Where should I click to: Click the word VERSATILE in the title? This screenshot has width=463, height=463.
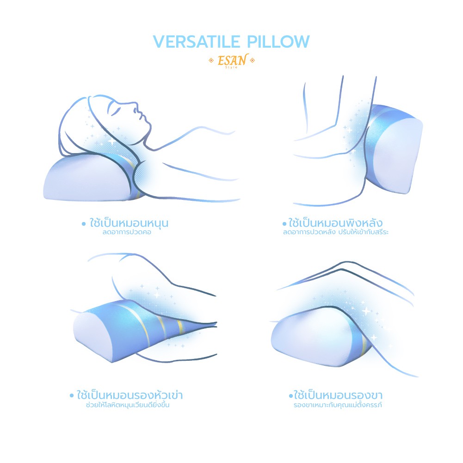click(x=197, y=41)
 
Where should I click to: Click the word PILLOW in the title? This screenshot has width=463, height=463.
click(x=278, y=41)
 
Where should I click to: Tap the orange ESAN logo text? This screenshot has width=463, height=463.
click(x=232, y=61)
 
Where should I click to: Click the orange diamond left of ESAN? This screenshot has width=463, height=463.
click(x=211, y=61)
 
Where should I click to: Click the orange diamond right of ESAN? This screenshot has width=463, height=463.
click(x=252, y=61)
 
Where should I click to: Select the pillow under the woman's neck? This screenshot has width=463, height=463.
click(x=92, y=177)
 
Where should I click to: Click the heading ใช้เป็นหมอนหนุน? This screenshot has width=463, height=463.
click(x=129, y=222)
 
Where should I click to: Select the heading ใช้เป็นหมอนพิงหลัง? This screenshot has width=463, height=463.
click(x=335, y=222)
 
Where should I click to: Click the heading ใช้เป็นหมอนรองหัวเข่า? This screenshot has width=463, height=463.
click(x=130, y=395)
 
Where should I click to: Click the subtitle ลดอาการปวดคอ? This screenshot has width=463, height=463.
click(x=127, y=232)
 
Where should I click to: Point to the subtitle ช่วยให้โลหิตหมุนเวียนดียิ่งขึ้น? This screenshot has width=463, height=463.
click(x=128, y=405)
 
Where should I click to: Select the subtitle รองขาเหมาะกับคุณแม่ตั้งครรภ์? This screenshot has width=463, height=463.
click(x=338, y=405)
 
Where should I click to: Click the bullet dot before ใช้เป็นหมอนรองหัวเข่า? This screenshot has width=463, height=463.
click(x=72, y=395)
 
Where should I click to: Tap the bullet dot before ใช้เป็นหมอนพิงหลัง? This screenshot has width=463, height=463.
click(x=284, y=224)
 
